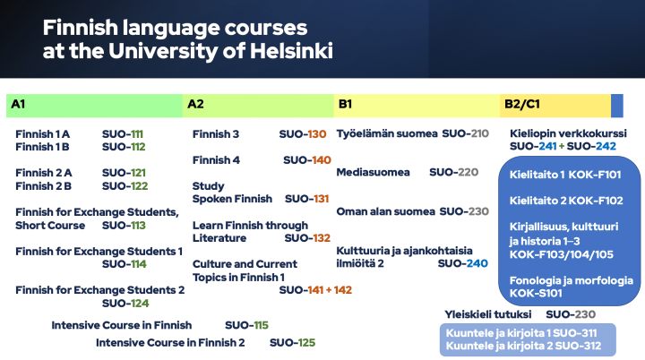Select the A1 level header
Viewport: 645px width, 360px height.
(x=18, y=105)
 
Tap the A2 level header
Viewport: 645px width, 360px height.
(x=195, y=105)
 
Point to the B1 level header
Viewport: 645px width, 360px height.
(x=345, y=105)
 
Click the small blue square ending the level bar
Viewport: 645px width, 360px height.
(x=616, y=105)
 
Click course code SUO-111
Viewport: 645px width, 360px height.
(x=124, y=133)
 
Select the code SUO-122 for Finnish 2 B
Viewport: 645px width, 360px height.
(x=125, y=185)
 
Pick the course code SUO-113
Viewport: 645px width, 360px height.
(x=124, y=225)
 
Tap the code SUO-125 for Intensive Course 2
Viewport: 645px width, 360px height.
(x=292, y=342)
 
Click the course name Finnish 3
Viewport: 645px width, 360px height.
(x=216, y=134)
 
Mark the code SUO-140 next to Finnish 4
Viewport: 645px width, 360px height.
(x=307, y=160)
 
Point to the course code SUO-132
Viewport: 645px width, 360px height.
(x=307, y=238)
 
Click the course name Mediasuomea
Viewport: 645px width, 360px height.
(x=373, y=172)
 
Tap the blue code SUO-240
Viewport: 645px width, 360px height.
(x=465, y=263)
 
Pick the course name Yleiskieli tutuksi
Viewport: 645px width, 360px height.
(x=488, y=314)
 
